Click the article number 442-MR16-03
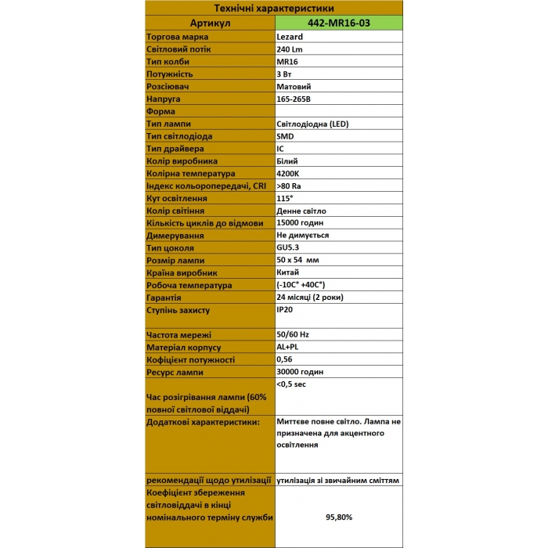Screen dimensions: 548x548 click(338, 23)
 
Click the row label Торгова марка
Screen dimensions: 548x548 click(177, 37)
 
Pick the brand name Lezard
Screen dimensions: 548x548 click(290, 37)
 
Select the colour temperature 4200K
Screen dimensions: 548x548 click(289, 173)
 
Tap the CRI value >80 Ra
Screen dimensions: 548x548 click(289, 186)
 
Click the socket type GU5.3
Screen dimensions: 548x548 click(288, 247)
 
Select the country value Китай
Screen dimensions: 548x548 click(288, 272)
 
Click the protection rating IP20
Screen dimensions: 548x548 click(285, 310)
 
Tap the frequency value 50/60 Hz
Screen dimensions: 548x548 click(293, 334)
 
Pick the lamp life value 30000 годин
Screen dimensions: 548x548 click(300, 372)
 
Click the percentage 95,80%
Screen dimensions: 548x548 click(338, 517)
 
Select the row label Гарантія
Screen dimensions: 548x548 click(164, 297)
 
